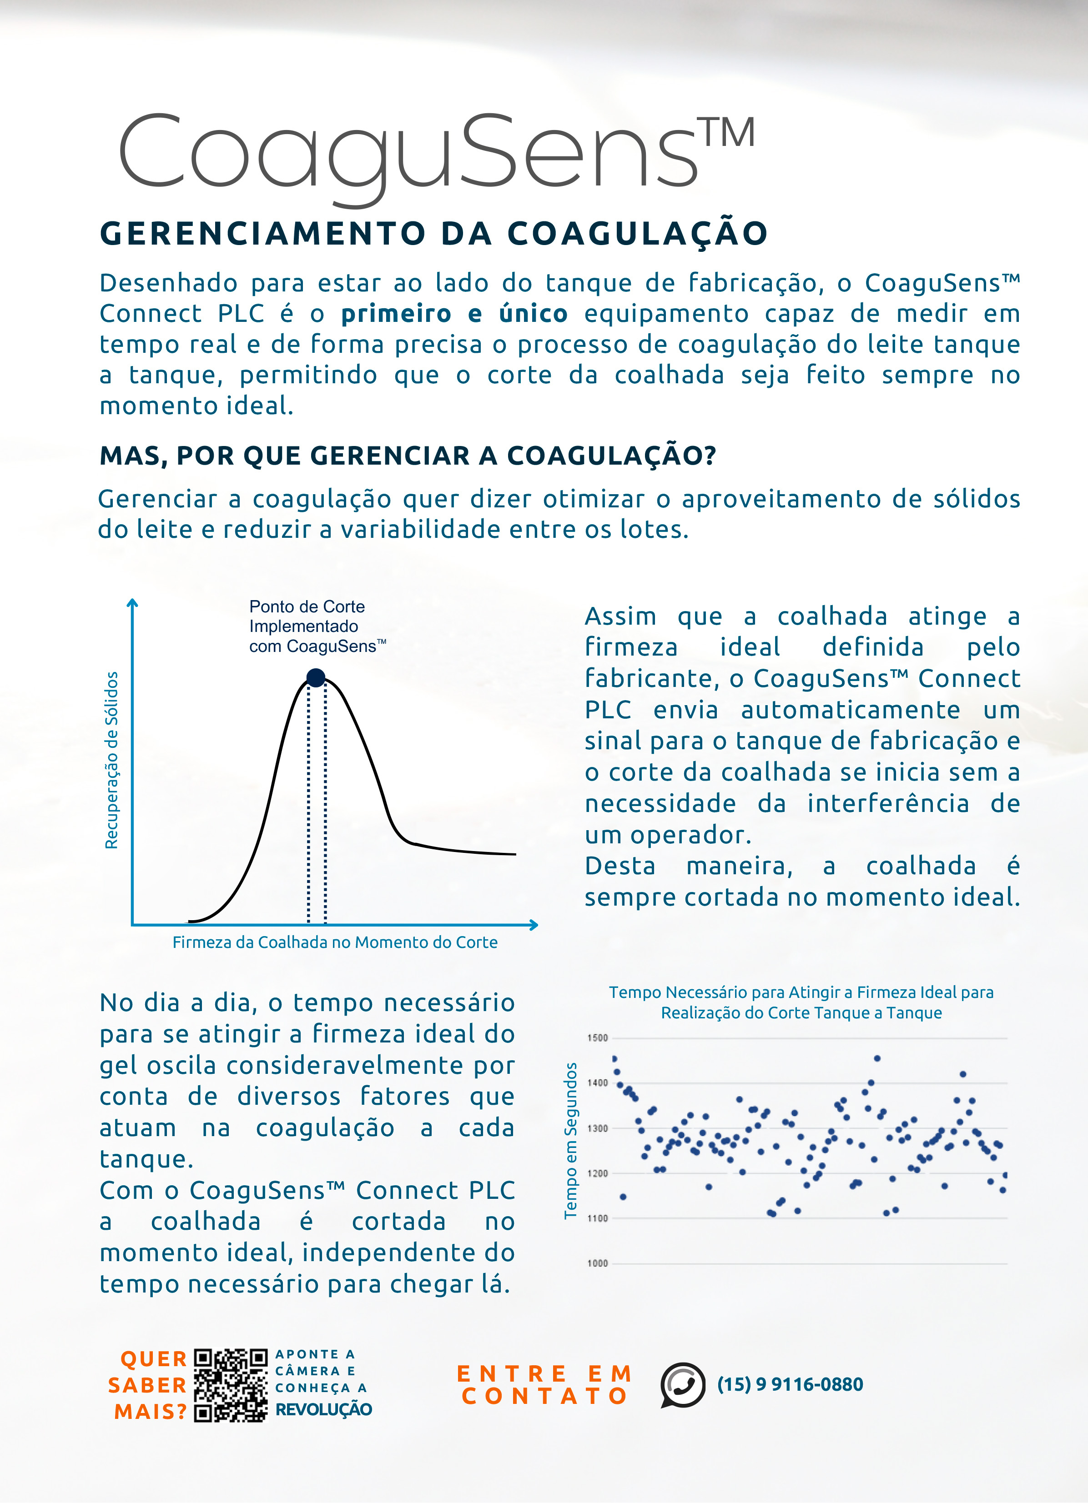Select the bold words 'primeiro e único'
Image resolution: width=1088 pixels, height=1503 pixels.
pyautogui.click(x=454, y=313)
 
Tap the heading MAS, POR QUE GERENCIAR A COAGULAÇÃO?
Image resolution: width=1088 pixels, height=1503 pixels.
pyautogui.click(x=408, y=456)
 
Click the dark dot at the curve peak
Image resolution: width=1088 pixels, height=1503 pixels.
pyautogui.click(x=316, y=677)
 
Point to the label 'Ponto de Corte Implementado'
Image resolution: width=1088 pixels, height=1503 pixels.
pyautogui.click(x=306, y=616)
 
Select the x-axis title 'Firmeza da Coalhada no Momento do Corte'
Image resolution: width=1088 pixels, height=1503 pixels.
pyautogui.click(x=335, y=942)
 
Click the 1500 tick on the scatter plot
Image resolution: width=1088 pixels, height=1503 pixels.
pyautogui.click(x=597, y=1038)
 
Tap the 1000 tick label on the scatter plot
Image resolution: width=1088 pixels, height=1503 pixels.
pyautogui.click(x=597, y=1263)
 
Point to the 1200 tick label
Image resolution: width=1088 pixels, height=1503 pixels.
pyautogui.click(x=597, y=1173)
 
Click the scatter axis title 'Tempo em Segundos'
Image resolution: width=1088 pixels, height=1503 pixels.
pyautogui.click(x=570, y=1140)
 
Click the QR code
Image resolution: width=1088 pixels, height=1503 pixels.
pyautogui.click(x=231, y=1385)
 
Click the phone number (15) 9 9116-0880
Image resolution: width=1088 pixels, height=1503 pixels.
pyautogui.click(x=790, y=1384)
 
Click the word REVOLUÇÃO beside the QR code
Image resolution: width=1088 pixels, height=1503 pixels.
pyautogui.click(x=323, y=1409)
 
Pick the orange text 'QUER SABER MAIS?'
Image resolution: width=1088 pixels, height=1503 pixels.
pyautogui.click(x=150, y=1385)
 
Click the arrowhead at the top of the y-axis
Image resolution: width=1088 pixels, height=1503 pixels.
pyautogui.click(x=133, y=602)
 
